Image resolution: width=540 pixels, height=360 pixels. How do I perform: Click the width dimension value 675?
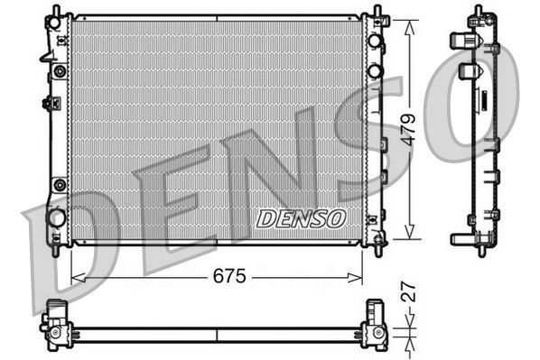(229, 277)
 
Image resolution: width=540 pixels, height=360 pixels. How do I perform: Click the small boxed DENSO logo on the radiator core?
(301, 218)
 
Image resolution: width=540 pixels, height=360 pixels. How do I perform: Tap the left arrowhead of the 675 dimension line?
(75, 277)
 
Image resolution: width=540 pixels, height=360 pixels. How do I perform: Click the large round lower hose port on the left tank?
(57, 217)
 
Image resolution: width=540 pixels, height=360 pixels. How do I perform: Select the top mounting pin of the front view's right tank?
(375, 12)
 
